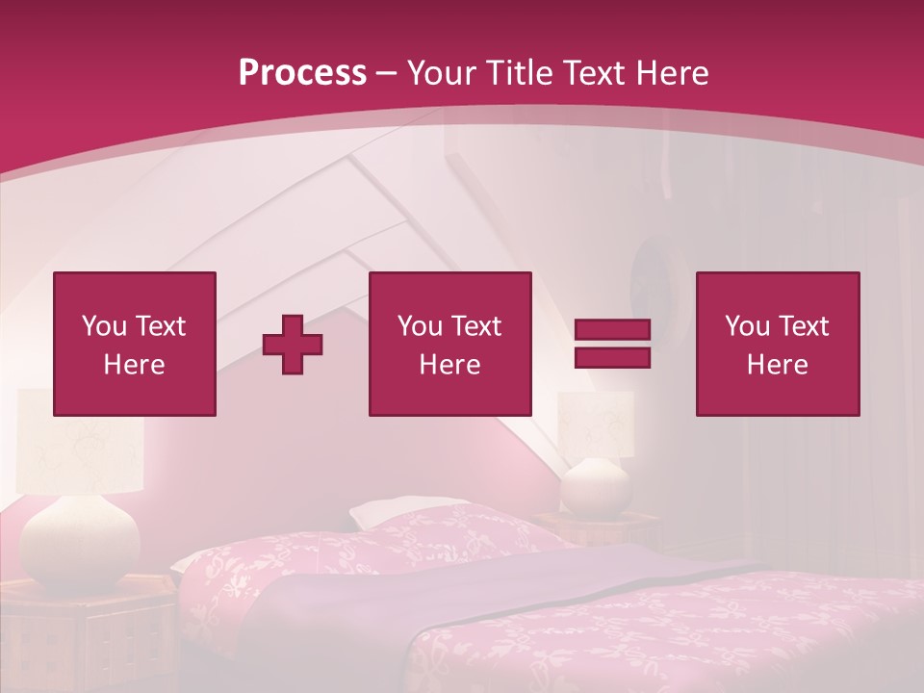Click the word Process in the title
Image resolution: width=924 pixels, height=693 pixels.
(302, 73)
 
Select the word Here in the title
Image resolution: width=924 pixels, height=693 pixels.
(671, 73)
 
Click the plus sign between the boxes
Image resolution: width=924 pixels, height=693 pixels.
(293, 345)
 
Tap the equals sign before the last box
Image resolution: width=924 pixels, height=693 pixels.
(612, 344)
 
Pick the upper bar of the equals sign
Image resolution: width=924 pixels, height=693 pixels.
(612, 330)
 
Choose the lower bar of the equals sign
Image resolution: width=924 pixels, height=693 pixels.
(612, 357)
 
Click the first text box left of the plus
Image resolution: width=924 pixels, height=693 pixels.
(134, 344)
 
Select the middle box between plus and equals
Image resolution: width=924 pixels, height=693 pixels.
(449, 344)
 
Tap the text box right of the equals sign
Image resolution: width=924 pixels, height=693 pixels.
(777, 344)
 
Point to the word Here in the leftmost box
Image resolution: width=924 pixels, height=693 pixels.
(134, 365)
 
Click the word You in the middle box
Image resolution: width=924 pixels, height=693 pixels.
(420, 326)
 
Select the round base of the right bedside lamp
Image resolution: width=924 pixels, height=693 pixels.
(595, 486)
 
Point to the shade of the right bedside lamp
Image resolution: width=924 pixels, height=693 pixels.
(597, 423)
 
